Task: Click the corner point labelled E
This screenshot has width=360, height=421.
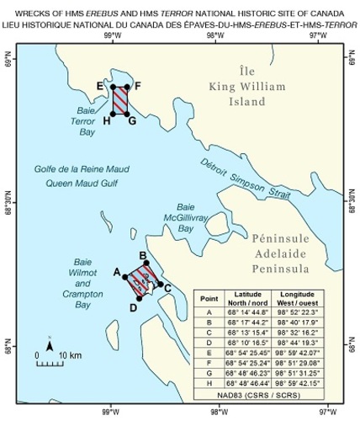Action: pyautogui.click(x=113, y=87)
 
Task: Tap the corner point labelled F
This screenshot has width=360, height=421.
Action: pyautogui.click(x=128, y=87)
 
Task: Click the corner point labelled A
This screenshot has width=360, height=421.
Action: pyautogui.click(x=125, y=278)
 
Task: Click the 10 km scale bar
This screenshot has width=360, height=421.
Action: pyautogui.click(x=59, y=365)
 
